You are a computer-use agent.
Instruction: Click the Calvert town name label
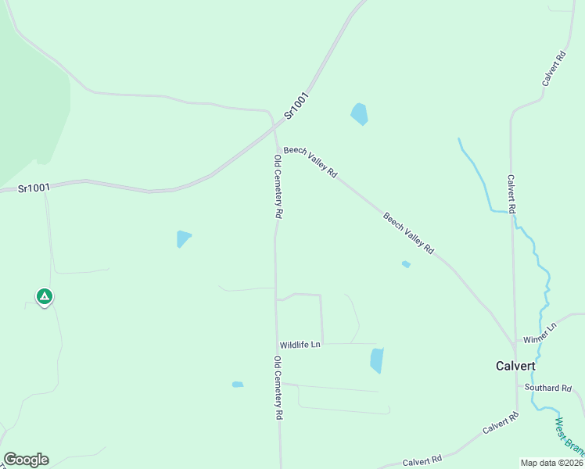pos(515,366)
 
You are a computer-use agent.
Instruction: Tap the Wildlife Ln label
pos(300,345)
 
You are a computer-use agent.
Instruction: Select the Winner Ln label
pos(539,332)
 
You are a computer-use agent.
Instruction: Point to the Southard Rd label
pos(548,388)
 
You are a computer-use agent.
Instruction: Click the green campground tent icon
pos(45,296)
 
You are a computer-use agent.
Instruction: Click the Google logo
pos(26,460)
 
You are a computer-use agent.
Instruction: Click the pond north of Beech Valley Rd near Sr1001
pos(359,114)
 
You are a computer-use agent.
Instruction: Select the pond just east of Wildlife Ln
pos(377,360)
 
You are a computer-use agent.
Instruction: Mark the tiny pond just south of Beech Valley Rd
pos(406,264)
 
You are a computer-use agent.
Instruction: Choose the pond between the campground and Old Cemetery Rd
pos(183,238)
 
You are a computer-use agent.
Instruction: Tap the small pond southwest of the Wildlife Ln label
pos(238,385)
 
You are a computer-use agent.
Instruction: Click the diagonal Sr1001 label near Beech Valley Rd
pos(297,106)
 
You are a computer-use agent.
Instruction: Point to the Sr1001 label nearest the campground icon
pos(34,188)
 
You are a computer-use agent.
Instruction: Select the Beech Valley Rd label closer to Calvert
pos(408,233)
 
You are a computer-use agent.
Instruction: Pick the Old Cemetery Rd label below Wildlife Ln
pos(278,388)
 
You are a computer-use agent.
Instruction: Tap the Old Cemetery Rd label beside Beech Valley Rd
pos(278,186)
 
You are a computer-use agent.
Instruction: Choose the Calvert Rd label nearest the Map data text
pos(422,461)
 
